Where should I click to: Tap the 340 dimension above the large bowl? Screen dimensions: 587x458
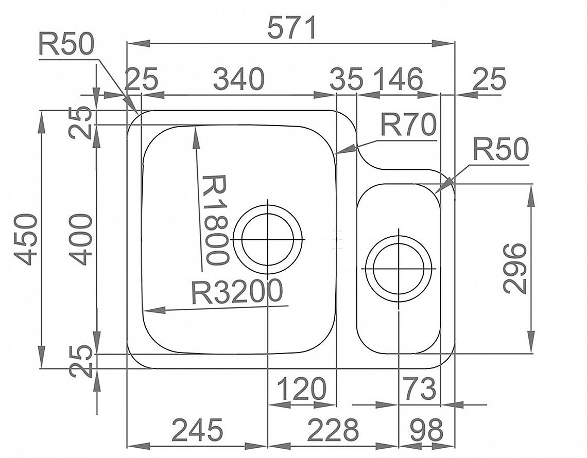239,79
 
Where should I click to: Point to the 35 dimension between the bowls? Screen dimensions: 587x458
347,79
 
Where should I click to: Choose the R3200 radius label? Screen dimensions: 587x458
236,291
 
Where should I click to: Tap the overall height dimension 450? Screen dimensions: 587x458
26,239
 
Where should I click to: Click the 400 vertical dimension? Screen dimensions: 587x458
81,239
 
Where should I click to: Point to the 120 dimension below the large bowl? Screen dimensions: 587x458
302,389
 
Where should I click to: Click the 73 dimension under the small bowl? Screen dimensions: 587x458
419,389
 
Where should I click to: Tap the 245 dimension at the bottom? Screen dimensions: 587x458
197,430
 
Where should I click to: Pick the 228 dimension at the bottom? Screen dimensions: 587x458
333,430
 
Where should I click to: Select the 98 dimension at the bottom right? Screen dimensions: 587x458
427,430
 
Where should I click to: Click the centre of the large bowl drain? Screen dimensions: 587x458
268,239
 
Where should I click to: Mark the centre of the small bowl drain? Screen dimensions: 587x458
399,269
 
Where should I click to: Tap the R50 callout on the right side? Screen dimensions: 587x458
501,149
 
